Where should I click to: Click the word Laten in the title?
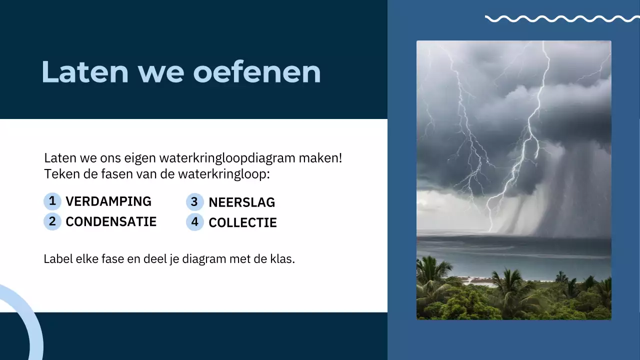point(84,71)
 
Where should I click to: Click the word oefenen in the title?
point(256,71)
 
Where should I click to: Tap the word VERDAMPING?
point(108,201)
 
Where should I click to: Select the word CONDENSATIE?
point(111,221)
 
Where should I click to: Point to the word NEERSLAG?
point(241,202)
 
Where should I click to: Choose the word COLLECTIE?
point(242,223)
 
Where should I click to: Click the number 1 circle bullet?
point(52,201)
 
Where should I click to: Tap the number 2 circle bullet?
point(52,221)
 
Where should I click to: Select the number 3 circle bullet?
point(194,202)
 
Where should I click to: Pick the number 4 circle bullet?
point(194,222)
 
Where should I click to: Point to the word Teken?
point(58,174)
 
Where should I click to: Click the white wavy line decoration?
point(561,19)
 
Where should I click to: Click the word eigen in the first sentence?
point(139,159)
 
